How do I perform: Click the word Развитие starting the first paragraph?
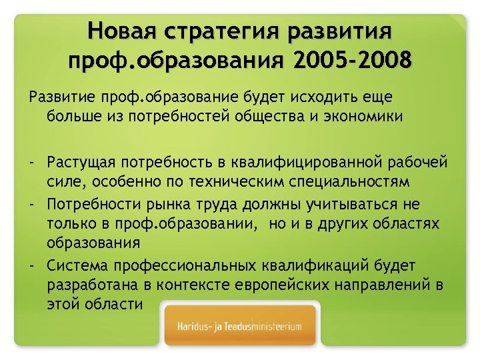tap(59, 97)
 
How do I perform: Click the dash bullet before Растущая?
tap(31, 163)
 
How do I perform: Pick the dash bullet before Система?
tap(31, 266)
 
